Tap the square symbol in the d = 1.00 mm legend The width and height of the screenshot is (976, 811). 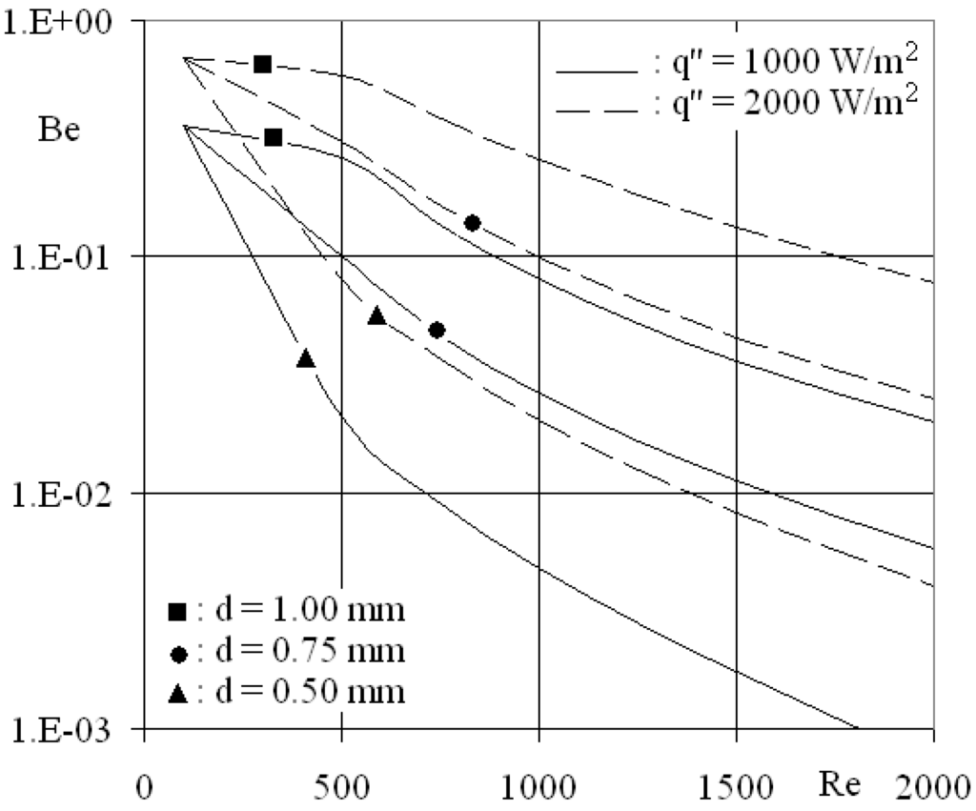[176, 611]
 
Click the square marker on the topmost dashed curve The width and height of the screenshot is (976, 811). [262, 64]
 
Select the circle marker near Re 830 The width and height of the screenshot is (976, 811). [472, 223]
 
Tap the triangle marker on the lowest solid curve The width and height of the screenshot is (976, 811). [306, 358]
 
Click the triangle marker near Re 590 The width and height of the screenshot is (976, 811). [376, 315]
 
